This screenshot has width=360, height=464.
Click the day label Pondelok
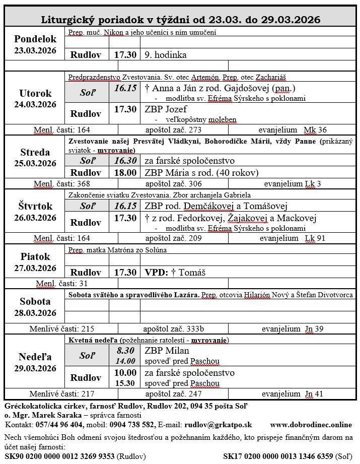(x=35, y=39)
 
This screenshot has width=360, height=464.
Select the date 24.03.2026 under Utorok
(x=35, y=104)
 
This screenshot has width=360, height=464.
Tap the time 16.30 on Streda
(x=125, y=161)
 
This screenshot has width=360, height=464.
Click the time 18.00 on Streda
(x=125, y=172)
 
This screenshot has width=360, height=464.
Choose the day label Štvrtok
(x=35, y=206)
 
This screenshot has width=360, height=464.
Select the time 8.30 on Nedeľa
(x=125, y=350)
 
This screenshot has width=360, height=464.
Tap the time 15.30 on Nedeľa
(x=125, y=383)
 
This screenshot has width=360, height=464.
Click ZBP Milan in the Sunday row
(x=167, y=350)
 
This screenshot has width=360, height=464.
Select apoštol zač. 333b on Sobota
(x=173, y=328)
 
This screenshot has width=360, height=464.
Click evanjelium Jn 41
(x=293, y=394)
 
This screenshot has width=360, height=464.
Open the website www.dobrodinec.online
(x=311, y=425)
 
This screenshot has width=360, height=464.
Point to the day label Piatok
(x=35, y=256)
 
